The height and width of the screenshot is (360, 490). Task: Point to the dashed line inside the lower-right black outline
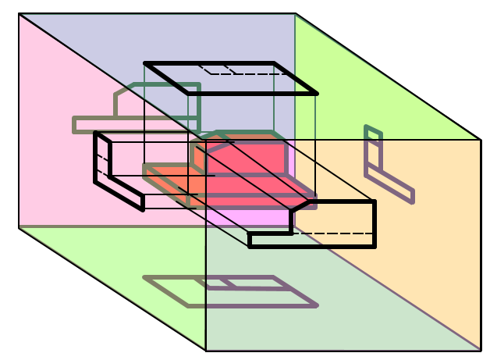pos(336,233)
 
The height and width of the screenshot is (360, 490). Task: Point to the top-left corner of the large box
pos(19,13)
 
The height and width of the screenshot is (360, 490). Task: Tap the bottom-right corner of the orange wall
pos(480,350)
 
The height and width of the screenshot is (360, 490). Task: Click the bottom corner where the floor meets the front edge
pos(206,351)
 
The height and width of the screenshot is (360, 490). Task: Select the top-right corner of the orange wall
pos(481,140)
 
